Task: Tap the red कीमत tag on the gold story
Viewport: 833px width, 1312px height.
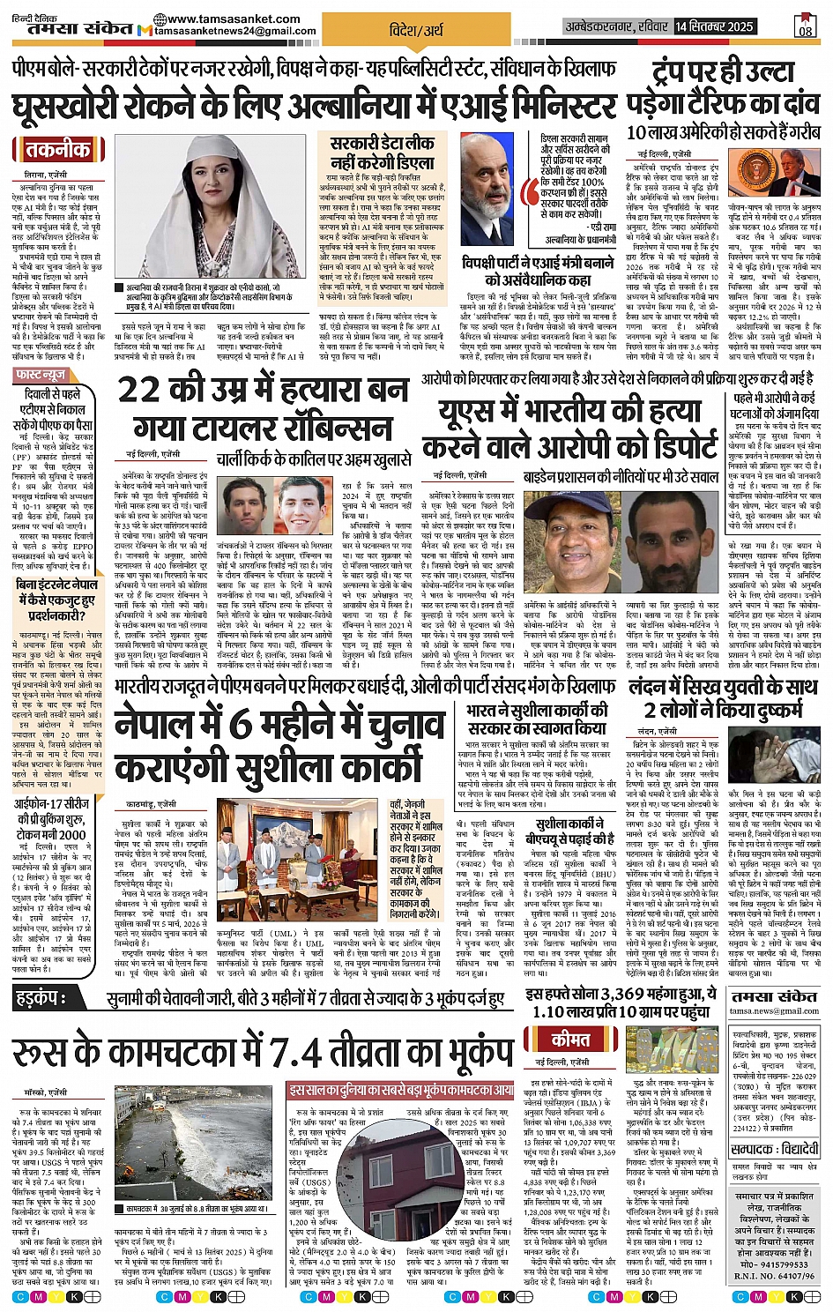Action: point(570,1039)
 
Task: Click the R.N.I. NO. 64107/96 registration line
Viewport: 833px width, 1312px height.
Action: point(774,1275)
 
